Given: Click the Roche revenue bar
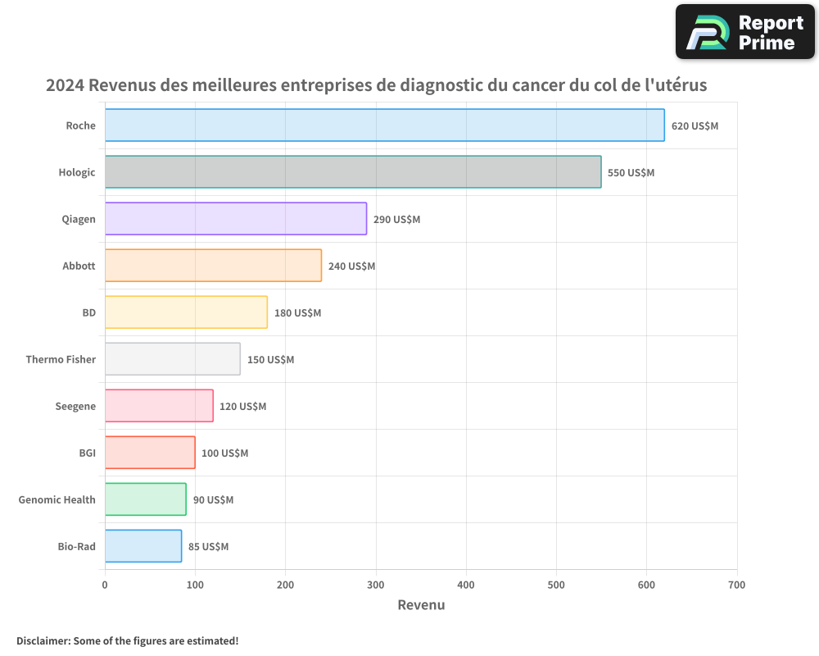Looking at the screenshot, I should (384, 125).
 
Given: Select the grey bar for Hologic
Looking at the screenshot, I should (353, 172).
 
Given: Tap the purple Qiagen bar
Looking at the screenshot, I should (236, 219).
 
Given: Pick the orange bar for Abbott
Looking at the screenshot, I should (213, 266).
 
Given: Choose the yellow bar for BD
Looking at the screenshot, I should (186, 312).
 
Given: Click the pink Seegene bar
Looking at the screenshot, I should (159, 406).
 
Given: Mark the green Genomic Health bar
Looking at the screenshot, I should (145, 499).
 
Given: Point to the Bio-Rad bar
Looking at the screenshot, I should (143, 546).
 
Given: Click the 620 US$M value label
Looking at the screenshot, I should (695, 126).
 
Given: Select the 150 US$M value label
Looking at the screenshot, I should (270, 360).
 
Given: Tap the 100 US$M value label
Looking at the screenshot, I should (224, 453).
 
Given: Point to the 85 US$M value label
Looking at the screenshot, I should (208, 547).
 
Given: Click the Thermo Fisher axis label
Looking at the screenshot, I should (61, 359).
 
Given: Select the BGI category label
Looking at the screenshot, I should (87, 453).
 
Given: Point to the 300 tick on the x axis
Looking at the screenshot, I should (376, 585).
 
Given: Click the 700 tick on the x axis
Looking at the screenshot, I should (736, 585).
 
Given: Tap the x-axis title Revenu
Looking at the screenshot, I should (421, 605).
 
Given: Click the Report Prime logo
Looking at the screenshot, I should (744, 32).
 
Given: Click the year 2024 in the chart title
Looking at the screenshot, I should (65, 84).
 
